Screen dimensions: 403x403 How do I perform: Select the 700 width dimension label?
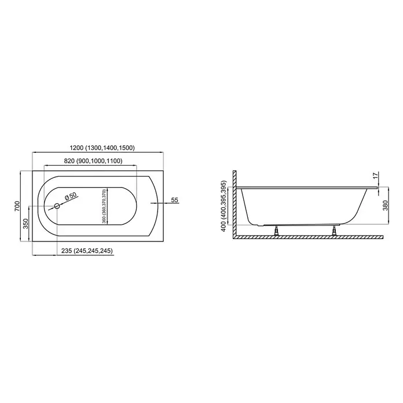point(17,206)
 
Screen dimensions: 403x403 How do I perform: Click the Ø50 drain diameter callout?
point(71,197)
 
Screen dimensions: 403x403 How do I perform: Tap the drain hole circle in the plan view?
point(57,206)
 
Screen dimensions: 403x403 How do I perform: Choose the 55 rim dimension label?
point(174,200)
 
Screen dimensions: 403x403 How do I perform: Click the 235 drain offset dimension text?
point(66,251)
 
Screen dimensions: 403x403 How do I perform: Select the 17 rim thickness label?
point(376,176)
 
